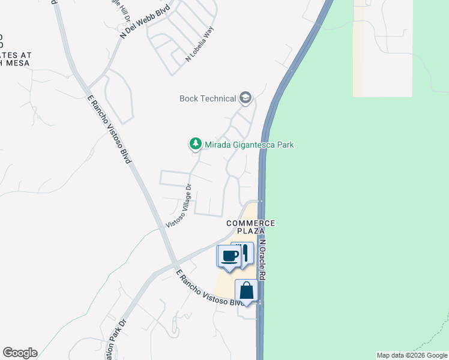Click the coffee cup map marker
click(228, 256)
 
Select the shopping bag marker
click(246, 291)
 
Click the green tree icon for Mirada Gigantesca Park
click(195, 144)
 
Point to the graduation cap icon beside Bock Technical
click(245, 97)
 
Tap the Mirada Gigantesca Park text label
click(249, 145)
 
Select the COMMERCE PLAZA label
click(250, 227)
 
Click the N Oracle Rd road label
click(262, 259)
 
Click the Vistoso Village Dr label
click(178, 205)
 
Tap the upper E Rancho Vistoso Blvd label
click(109, 128)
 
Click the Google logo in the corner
click(20, 353)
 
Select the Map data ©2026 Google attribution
click(412, 355)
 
